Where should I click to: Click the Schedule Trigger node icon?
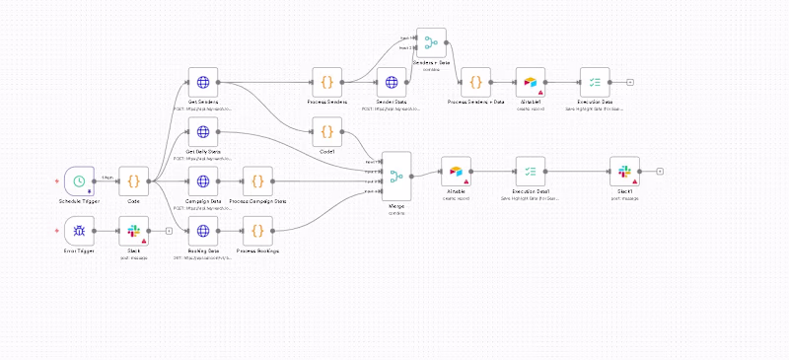(x=79, y=180)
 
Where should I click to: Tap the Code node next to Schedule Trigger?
(x=133, y=180)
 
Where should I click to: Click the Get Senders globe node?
(x=203, y=83)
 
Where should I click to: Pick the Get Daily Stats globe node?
(x=203, y=132)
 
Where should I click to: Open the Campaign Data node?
(x=203, y=180)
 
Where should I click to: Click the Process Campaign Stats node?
(x=256, y=180)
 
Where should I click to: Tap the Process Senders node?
(x=325, y=83)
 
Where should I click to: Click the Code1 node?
(x=325, y=132)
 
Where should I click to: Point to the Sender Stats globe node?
(x=392, y=83)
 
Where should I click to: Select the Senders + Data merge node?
(x=431, y=41)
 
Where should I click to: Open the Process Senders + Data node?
(x=475, y=83)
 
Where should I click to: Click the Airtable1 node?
(x=531, y=83)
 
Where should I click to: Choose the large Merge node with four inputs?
(x=394, y=177)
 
